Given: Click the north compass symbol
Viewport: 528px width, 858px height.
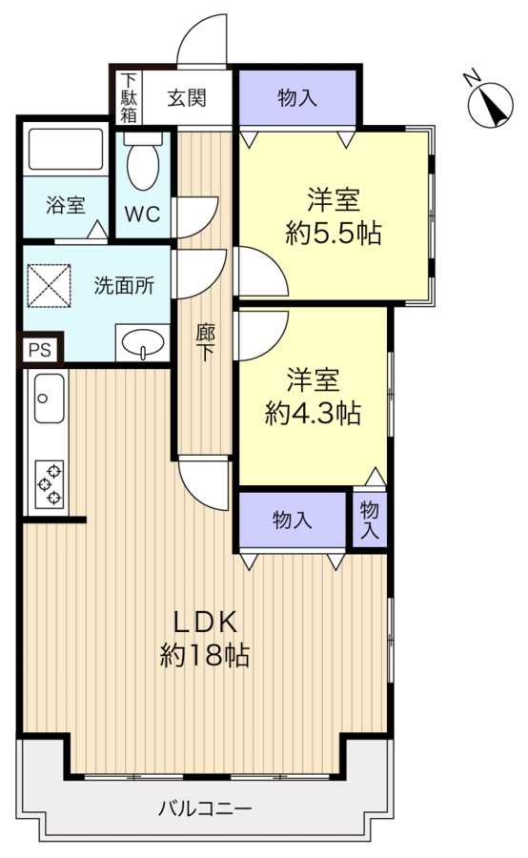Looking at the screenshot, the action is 490,103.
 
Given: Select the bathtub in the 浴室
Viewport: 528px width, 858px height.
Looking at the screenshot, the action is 66,149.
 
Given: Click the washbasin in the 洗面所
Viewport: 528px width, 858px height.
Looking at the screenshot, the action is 143,343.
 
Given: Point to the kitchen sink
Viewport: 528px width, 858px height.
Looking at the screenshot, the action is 49,398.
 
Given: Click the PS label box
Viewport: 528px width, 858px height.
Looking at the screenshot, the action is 40,349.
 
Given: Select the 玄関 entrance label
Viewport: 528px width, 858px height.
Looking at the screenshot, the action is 187,98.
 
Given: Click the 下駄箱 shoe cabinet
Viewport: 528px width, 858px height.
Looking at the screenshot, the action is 129,98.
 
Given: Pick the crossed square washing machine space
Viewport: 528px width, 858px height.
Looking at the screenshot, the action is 50,286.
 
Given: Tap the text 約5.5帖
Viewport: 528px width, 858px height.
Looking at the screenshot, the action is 334,234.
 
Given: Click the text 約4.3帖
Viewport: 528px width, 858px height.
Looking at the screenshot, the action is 313,413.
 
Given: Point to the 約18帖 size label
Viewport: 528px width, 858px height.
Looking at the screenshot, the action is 205,654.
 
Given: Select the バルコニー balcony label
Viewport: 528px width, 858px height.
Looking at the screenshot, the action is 205,808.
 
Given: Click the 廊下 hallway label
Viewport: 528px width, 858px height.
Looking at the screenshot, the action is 205,343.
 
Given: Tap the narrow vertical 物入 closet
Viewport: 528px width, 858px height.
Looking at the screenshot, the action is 370,520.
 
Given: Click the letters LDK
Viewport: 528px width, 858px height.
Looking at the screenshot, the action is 205,622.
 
